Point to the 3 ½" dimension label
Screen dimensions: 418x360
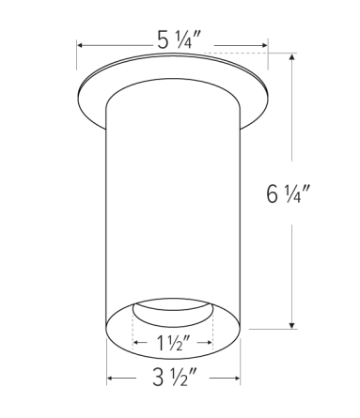[x=175, y=380]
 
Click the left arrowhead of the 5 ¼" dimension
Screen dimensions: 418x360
[x=81, y=44]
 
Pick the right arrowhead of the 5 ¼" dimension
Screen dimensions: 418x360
[x=266, y=44]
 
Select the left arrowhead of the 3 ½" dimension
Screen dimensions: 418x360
[x=111, y=379]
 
